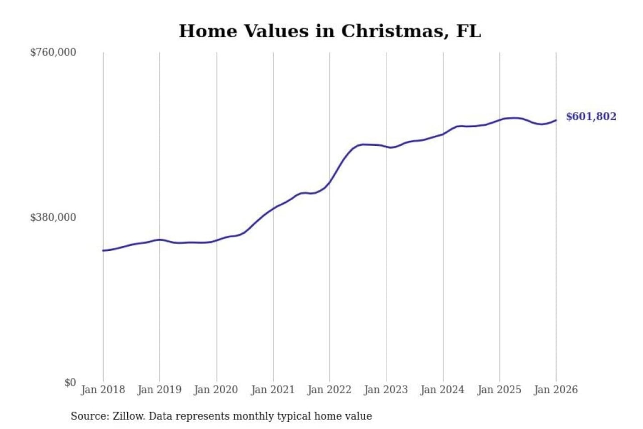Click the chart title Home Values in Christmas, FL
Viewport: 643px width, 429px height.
tap(330, 31)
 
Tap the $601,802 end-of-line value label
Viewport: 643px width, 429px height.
tap(591, 117)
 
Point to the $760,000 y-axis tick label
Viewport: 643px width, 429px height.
tap(53, 52)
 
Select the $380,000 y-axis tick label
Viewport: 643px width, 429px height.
tap(53, 218)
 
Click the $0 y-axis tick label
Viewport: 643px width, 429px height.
tap(70, 383)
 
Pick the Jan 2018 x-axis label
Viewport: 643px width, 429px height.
tap(103, 390)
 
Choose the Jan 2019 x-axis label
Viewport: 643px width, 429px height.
tap(159, 390)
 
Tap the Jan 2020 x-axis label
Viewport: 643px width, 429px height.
tap(216, 390)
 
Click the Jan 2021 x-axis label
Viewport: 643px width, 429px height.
tap(273, 390)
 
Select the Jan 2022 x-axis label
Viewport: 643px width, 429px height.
tap(330, 390)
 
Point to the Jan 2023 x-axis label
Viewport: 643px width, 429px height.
tap(386, 390)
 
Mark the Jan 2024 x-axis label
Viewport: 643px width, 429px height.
tap(443, 390)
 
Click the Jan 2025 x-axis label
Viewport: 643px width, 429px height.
tap(499, 390)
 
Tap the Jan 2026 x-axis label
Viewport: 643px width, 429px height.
tap(556, 390)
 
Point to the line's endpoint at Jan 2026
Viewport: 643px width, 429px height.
tap(556, 120)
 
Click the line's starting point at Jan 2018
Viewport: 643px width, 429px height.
tap(103, 251)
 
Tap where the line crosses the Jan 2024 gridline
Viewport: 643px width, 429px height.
tap(443, 134)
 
